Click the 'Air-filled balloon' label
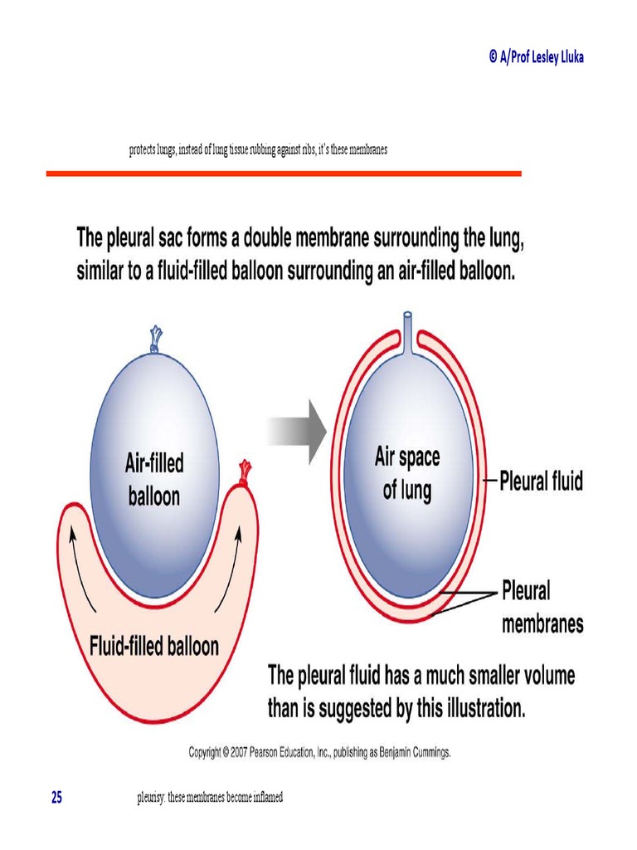(154, 478)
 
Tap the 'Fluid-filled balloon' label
(154, 646)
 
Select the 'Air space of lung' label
(407, 473)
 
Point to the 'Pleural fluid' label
(541, 481)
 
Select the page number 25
(56, 798)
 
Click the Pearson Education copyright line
(319, 752)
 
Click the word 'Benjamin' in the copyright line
(388, 752)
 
